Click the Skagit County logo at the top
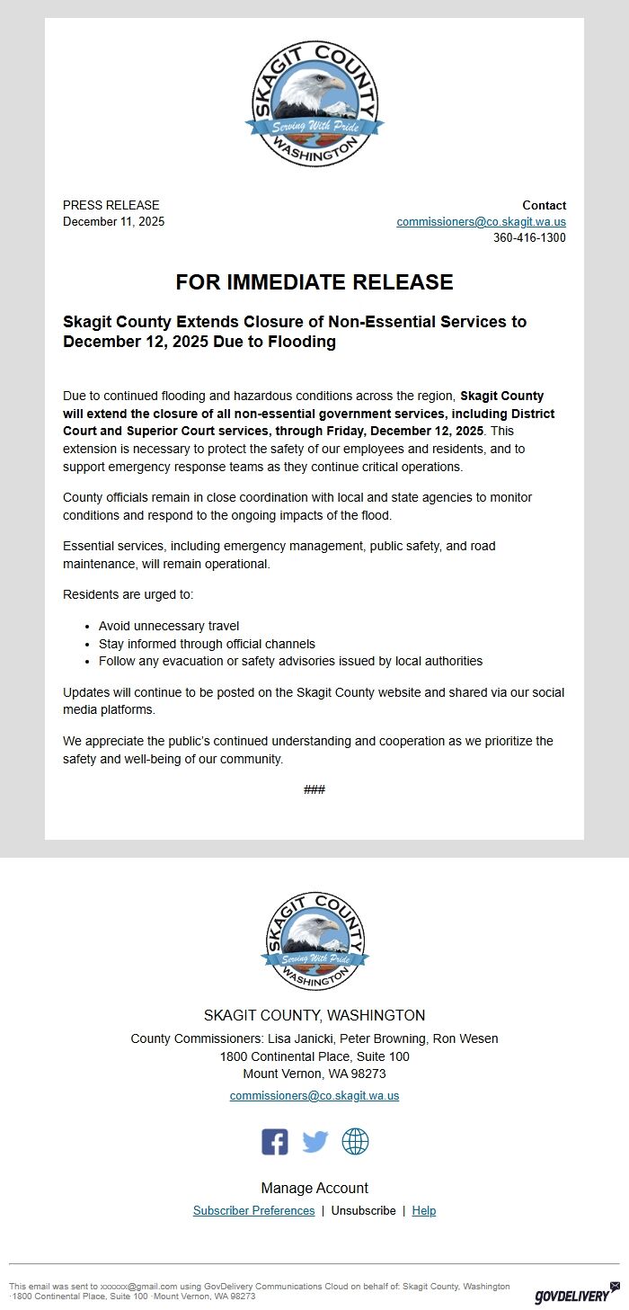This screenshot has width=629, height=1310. [x=314, y=103]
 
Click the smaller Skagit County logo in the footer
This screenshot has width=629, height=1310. [x=314, y=941]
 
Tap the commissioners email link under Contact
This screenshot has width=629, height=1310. [x=482, y=222]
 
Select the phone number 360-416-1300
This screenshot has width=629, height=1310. [x=529, y=238]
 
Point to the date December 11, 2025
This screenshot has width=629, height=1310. [x=114, y=222]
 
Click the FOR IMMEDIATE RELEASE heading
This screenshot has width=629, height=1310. [x=314, y=282]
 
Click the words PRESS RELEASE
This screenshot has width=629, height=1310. [x=111, y=205]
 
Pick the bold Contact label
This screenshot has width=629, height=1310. [x=545, y=205]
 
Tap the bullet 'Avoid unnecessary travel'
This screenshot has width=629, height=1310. [x=169, y=626]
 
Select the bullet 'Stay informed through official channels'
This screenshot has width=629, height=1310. [x=207, y=644]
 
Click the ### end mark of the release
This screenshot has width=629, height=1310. [x=314, y=789]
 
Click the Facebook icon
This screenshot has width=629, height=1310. [x=275, y=1142]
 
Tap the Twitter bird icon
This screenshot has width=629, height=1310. [x=315, y=1142]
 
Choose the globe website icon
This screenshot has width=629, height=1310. [x=355, y=1142]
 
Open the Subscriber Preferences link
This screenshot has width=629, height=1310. [x=254, y=1211]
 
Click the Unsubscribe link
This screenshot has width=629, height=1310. [x=363, y=1211]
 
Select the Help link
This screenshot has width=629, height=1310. [x=424, y=1211]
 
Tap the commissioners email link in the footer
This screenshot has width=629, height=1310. [x=314, y=1096]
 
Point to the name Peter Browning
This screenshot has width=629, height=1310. [x=385, y=1039]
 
